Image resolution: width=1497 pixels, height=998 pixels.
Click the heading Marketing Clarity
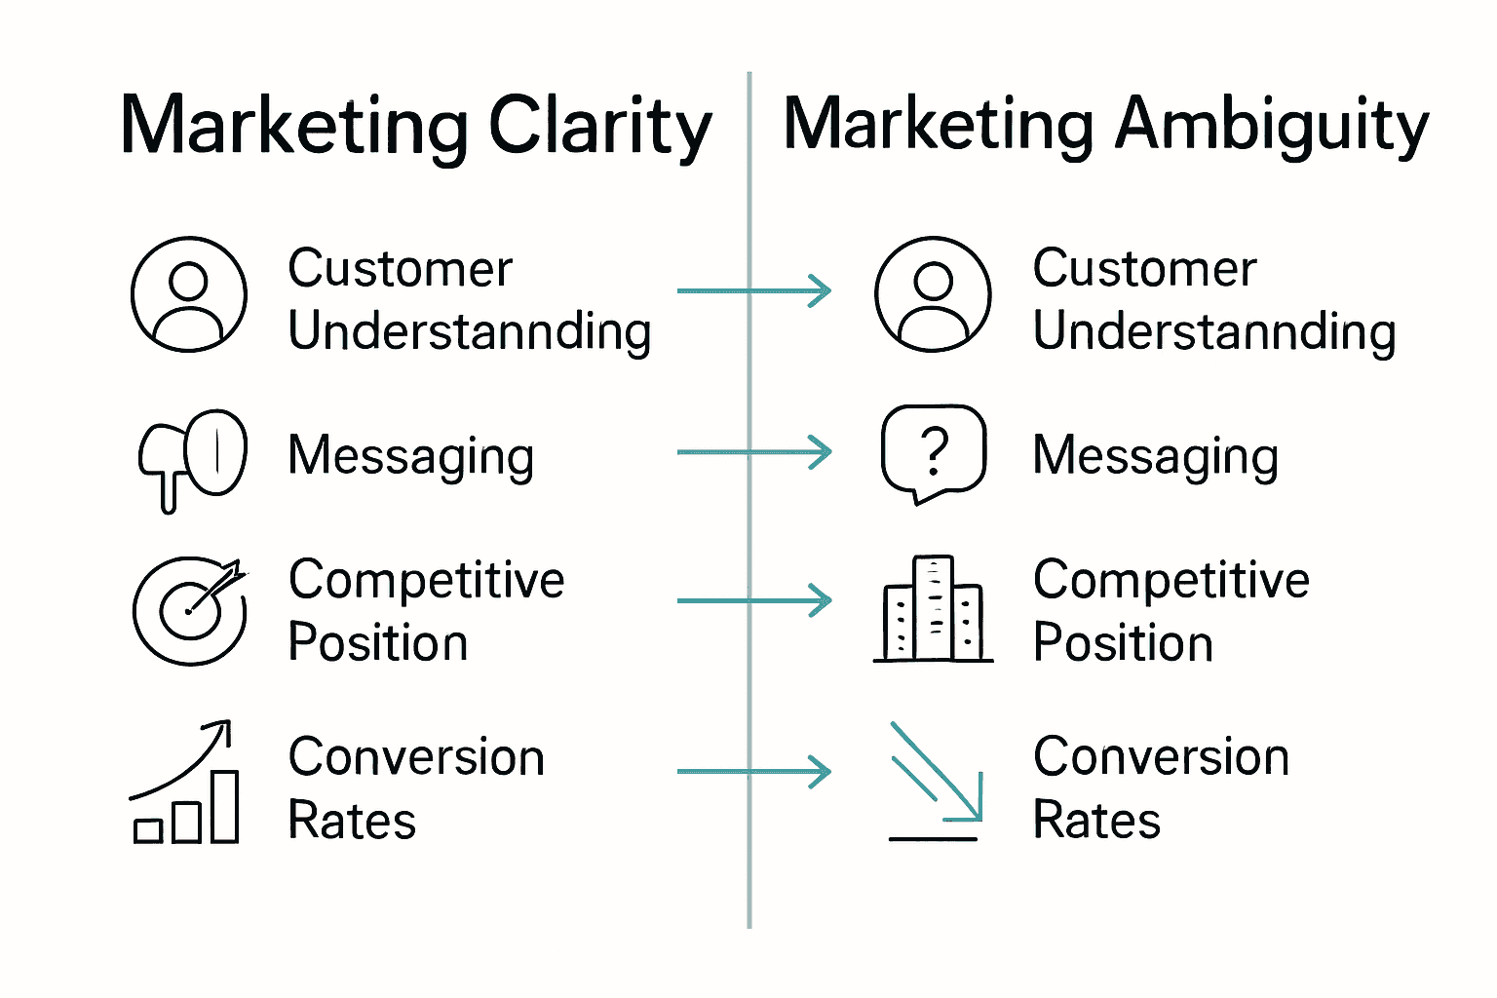point(416,127)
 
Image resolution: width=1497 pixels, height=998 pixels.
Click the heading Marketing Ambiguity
point(1106,127)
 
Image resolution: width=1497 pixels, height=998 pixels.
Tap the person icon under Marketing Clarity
point(189,294)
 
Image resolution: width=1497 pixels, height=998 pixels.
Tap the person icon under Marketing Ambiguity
point(933,294)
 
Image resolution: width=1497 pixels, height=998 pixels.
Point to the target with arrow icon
point(190,610)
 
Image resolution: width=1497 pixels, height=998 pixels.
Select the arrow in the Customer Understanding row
point(753,290)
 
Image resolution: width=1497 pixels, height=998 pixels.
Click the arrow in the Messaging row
point(753,452)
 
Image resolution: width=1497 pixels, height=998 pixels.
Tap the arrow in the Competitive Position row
point(753,600)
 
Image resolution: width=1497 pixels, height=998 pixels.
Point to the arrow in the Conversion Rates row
point(753,772)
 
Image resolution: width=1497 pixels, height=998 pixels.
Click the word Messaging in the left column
point(411,456)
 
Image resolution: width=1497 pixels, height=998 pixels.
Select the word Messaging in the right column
point(1156,456)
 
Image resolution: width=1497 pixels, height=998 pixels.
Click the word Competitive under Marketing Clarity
point(426,581)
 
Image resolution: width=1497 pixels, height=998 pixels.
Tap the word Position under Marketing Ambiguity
point(1123,643)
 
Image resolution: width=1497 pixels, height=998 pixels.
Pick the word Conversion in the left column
point(416,757)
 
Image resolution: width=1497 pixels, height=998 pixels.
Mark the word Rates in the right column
point(1096,820)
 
